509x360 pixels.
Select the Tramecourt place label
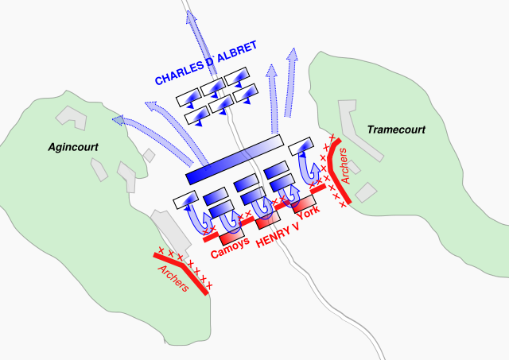pos(396,129)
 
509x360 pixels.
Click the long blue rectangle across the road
pos(234,159)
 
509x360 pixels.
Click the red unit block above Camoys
pos(231,236)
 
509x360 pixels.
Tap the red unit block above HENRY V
pos(267,217)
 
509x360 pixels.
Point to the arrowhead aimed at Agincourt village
pos(119,120)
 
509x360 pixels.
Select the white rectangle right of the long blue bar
pos(300,146)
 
